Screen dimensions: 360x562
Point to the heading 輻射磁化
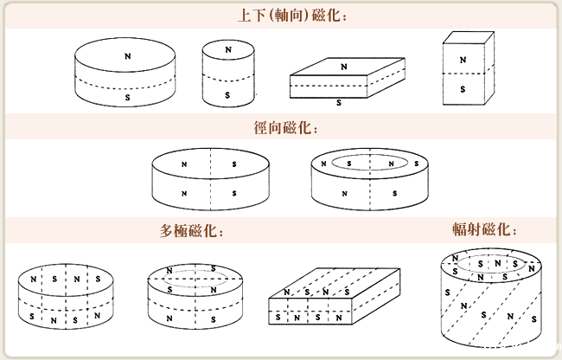click(x=485, y=229)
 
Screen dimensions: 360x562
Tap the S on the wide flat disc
click(x=128, y=99)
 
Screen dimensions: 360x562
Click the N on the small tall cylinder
click(x=228, y=51)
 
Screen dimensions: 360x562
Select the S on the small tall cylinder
click(x=228, y=94)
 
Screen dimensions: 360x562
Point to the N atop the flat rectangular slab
click(x=343, y=66)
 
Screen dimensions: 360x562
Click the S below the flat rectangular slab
click(x=338, y=102)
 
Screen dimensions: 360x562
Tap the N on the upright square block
click(x=463, y=60)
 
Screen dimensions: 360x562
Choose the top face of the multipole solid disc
click(x=66, y=280)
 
